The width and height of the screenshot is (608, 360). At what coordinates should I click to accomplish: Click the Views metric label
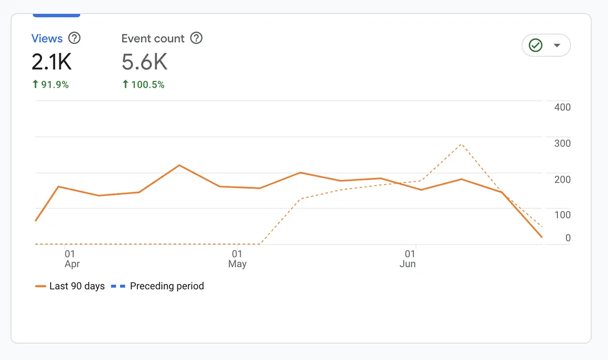[x=47, y=38]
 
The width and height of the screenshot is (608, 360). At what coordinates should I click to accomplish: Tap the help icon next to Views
[x=74, y=38]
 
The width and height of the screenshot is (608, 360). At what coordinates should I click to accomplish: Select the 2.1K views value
[x=52, y=62]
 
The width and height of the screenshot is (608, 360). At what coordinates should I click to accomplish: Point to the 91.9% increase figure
[x=50, y=85]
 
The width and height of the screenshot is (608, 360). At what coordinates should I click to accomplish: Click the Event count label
[x=153, y=38]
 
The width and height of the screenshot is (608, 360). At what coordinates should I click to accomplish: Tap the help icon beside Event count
[x=196, y=38]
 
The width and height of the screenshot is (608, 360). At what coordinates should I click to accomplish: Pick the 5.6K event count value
[x=144, y=62]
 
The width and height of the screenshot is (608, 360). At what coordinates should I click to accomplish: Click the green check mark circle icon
[x=536, y=46]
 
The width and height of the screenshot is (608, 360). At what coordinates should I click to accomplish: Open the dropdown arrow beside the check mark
[x=557, y=46]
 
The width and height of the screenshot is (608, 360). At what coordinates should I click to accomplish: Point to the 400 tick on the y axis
[x=562, y=107]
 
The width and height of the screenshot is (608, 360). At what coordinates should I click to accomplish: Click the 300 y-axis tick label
[x=562, y=143]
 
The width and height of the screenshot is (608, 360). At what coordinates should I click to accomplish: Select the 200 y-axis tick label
[x=562, y=179]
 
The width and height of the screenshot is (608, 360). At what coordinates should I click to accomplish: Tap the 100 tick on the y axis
[x=562, y=215]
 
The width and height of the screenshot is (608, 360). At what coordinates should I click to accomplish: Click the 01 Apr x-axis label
[x=71, y=259]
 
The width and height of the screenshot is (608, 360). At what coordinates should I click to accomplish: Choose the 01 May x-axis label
[x=237, y=259]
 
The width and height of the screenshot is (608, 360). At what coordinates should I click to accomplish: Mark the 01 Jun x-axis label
[x=408, y=259]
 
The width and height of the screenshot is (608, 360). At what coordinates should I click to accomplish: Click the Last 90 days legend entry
[x=70, y=286]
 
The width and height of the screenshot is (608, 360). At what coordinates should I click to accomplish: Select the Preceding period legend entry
[x=158, y=286]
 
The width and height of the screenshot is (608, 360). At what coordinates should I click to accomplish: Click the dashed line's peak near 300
[x=461, y=144]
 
